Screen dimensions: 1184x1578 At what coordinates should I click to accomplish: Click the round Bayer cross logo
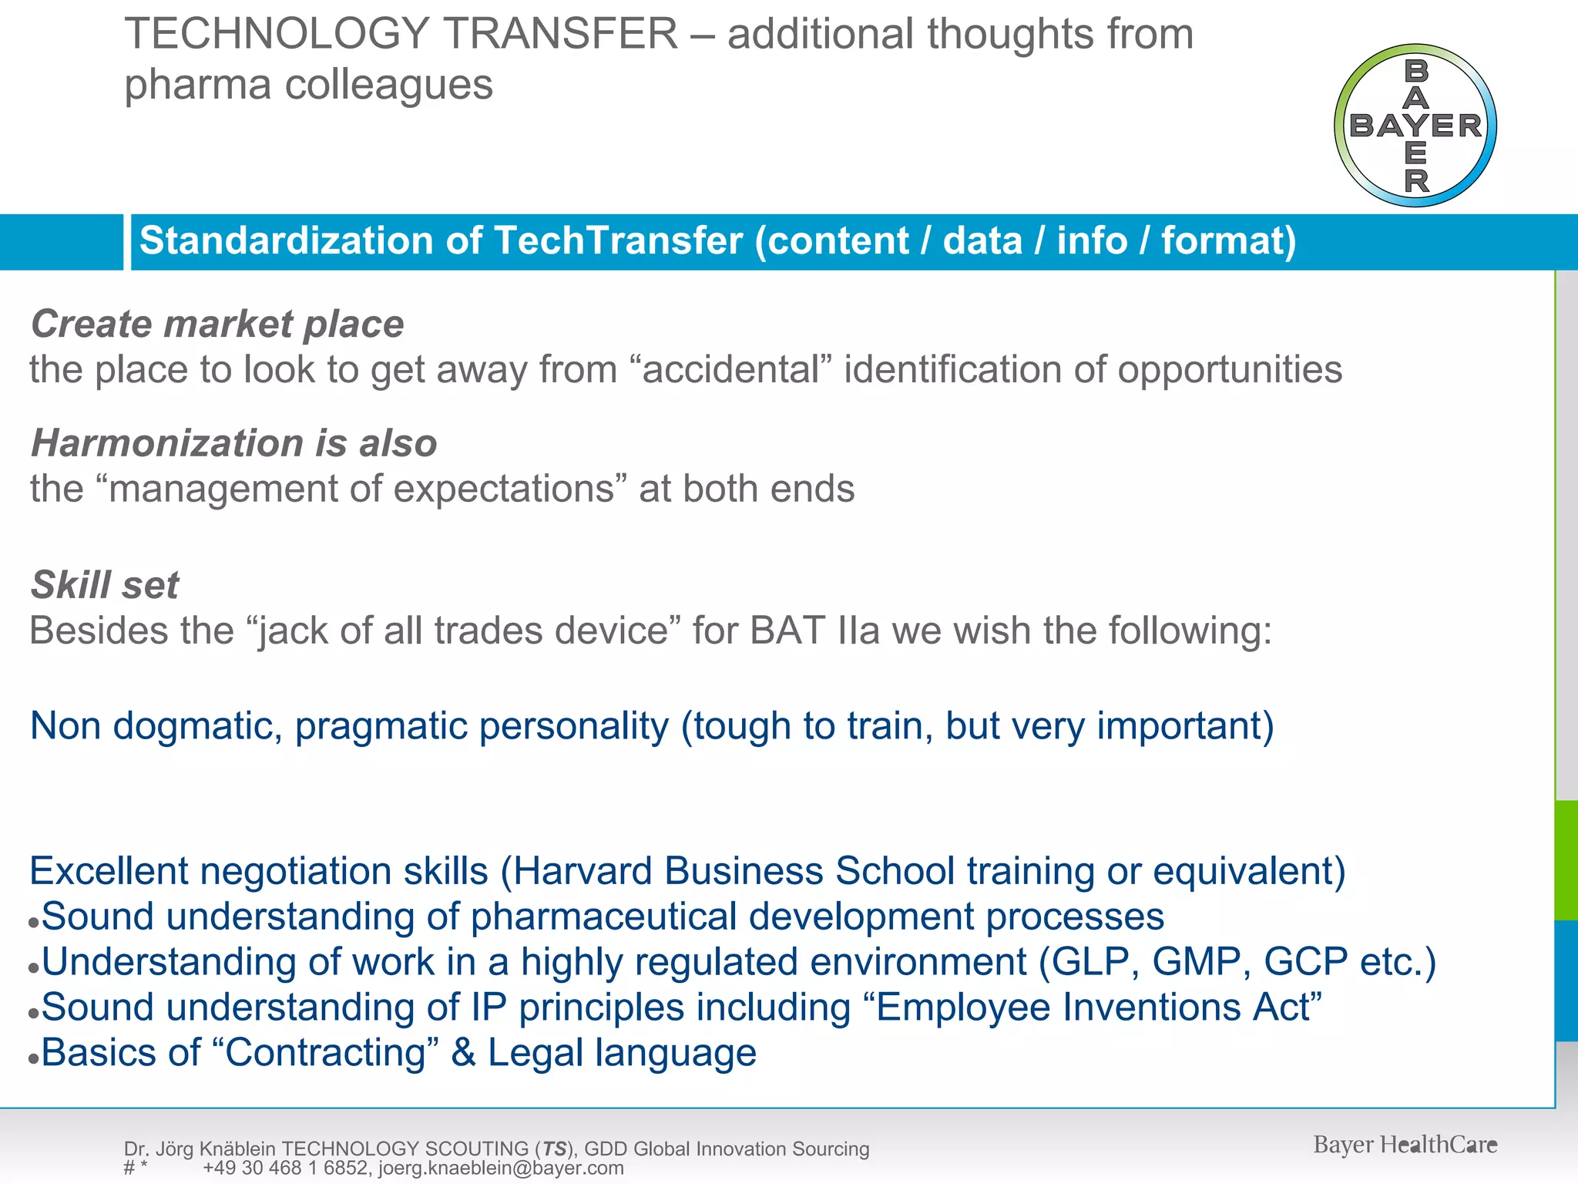(x=1415, y=126)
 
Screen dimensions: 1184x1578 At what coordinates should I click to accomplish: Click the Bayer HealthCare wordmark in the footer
(x=1405, y=1145)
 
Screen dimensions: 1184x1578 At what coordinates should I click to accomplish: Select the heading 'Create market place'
(x=217, y=324)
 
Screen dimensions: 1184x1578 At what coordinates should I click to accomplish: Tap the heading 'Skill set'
(x=105, y=584)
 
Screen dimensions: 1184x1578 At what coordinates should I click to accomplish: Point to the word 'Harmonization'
(x=167, y=443)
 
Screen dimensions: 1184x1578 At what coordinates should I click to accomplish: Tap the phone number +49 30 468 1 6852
(x=284, y=1168)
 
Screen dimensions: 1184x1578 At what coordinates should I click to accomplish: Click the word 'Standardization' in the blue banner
(x=286, y=240)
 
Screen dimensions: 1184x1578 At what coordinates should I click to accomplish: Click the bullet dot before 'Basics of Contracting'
(x=33, y=1059)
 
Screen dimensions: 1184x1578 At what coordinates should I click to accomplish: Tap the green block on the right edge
(x=1566, y=859)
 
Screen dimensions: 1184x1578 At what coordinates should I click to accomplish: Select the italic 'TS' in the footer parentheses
(x=554, y=1149)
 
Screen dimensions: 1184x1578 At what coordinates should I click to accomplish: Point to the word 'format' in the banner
(x=1220, y=240)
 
